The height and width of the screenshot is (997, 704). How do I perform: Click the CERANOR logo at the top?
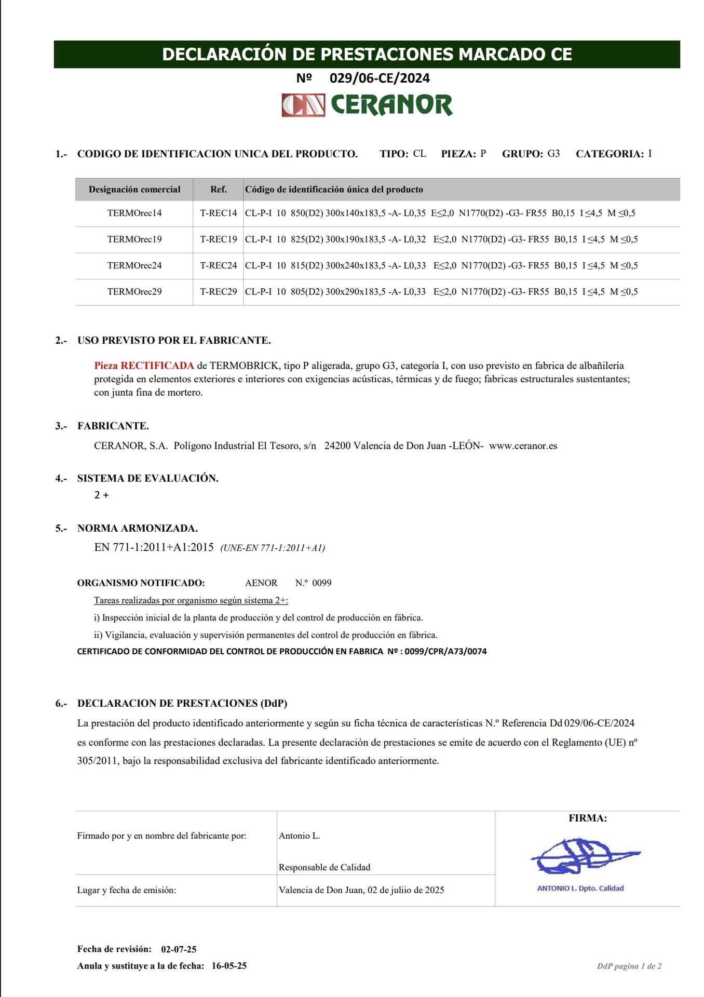pyautogui.click(x=367, y=105)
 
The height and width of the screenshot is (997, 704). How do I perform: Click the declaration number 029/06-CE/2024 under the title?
pyautogui.click(x=380, y=78)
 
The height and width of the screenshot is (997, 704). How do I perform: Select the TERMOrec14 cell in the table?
pyautogui.click(x=134, y=213)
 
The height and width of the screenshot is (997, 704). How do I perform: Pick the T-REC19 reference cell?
pyautogui.click(x=218, y=239)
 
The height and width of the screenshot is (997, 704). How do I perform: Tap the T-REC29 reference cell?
pyautogui.click(x=218, y=292)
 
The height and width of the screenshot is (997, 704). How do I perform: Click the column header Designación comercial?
pyautogui.click(x=134, y=190)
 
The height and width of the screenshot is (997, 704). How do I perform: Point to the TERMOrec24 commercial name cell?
pyautogui.click(x=134, y=265)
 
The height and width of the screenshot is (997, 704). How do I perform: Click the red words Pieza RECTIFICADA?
pyautogui.click(x=144, y=366)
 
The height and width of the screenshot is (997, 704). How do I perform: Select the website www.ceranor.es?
pyautogui.click(x=523, y=446)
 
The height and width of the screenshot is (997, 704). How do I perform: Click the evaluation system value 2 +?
pyautogui.click(x=101, y=495)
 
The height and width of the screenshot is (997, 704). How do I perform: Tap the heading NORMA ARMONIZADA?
pyautogui.click(x=137, y=528)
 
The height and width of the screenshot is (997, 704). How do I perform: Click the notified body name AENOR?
pyautogui.click(x=261, y=583)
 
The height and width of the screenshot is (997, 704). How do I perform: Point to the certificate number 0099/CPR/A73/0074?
pyautogui.click(x=445, y=651)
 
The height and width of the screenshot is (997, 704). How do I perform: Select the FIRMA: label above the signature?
pyautogui.click(x=587, y=818)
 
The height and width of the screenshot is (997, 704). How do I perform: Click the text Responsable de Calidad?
pyautogui.click(x=324, y=867)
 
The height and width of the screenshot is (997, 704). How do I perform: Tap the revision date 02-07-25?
pyautogui.click(x=179, y=949)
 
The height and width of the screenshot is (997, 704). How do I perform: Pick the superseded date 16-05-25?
pyautogui.click(x=229, y=966)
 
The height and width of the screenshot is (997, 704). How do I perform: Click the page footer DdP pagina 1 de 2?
pyautogui.click(x=629, y=966)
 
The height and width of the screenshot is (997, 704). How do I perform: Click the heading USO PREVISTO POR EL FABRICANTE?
pyautogui.click(x=174, y=341)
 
